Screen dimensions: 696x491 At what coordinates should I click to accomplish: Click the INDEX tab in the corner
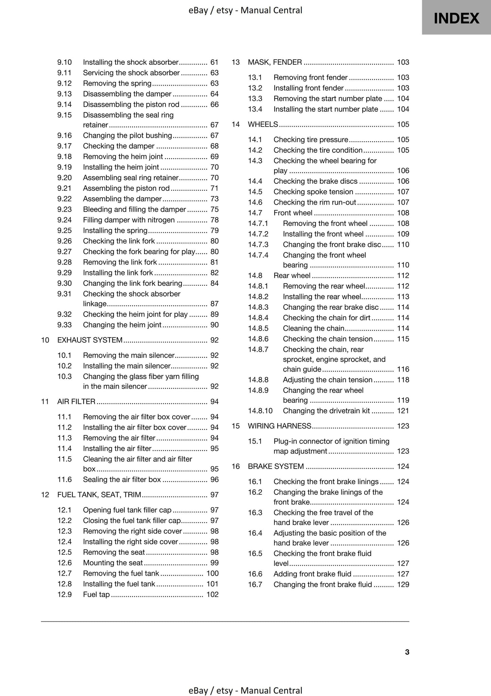[456, 18]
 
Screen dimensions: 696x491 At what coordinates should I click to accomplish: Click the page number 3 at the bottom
[407, 652]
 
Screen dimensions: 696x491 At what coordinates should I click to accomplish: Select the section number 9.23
[65, 209]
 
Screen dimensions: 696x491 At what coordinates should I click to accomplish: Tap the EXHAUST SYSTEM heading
[90, 340]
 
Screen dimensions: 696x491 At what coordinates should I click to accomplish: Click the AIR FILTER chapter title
[76, 401]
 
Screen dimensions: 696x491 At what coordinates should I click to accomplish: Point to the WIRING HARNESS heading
[279, 426]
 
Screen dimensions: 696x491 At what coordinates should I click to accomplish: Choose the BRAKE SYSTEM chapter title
[276, 466]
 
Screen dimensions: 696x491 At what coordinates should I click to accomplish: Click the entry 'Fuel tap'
[96, 594]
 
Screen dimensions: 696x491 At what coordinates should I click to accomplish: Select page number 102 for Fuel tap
[212, 594]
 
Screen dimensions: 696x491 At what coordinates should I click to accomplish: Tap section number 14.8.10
[260, 410]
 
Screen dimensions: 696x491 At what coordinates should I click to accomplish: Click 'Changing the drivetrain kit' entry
[326, 410]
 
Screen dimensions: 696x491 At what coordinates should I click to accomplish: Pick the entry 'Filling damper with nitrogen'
[129, 220]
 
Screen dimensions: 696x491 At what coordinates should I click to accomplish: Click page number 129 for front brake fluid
[403, 584]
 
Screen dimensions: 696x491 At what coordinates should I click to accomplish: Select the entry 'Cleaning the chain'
[313, 328]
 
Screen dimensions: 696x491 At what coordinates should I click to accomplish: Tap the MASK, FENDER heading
[275, 62]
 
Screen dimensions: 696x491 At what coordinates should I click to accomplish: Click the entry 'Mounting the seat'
[113, 563]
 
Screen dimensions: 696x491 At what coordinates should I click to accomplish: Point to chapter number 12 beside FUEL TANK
[45, 495]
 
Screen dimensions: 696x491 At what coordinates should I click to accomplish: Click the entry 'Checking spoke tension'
[313, 192]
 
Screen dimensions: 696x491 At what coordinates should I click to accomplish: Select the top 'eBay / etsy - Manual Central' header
[245, 10]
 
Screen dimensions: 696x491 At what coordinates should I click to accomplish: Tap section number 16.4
[255, 533]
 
